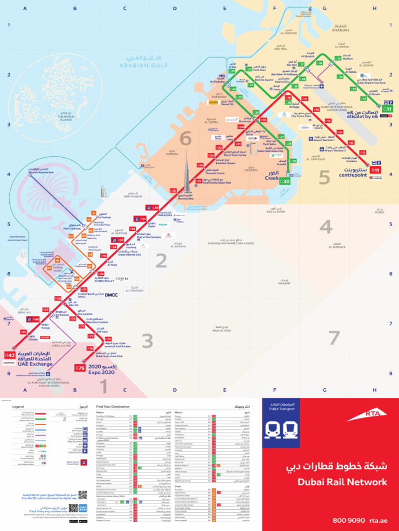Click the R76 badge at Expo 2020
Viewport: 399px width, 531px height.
(x=80, y=368)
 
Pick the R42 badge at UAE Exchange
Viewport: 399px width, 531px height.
(x=10, y=355)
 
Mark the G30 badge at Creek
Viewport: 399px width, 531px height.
(x=285, y=181)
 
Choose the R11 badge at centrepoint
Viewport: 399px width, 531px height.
(x=376, y=170)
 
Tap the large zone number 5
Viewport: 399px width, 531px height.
(x=324, y=178)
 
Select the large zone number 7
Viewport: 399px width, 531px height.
(x=333, y=338)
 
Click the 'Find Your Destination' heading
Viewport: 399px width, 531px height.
(x=113, y=407)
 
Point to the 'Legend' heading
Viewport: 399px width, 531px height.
(x=19, y=407)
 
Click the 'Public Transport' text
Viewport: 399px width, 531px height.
(x=282, y=409)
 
